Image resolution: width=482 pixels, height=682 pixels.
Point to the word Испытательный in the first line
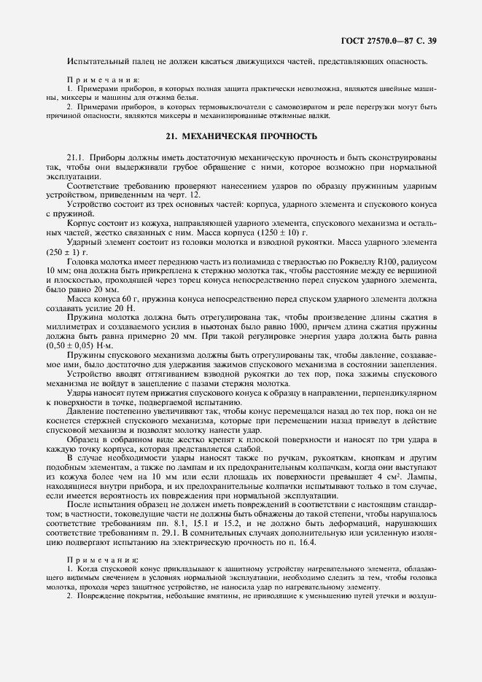tap(93, 60)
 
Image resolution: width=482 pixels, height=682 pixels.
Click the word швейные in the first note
tap(394, 87)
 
